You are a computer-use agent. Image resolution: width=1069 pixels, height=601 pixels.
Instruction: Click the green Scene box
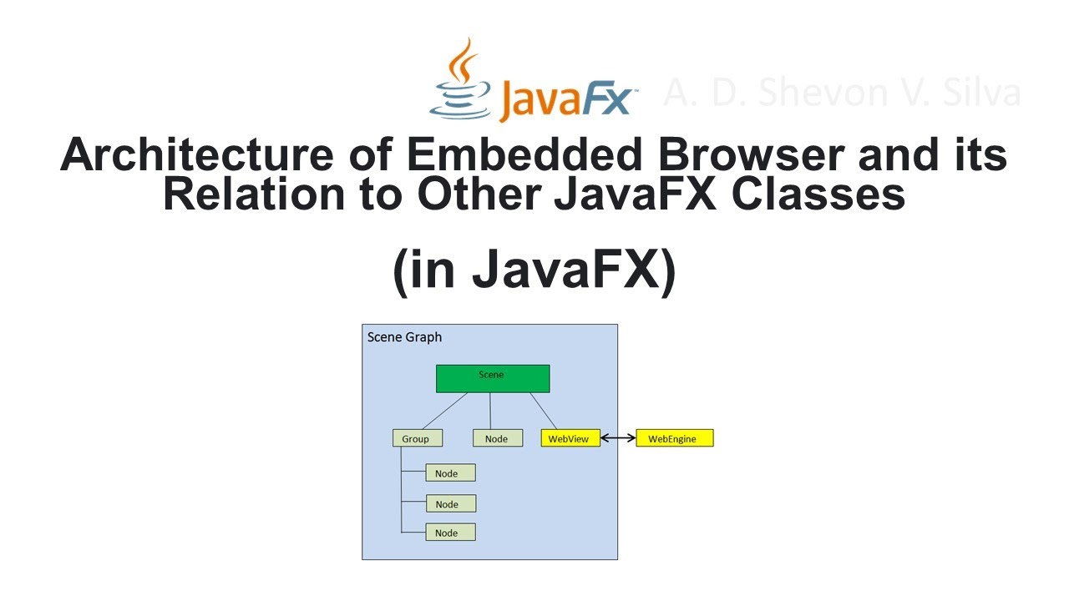tap(493, 378)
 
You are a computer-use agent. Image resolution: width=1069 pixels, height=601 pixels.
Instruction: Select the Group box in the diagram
tap(417, 438)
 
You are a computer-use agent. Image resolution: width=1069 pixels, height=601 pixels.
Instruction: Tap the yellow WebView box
tap(570, 438)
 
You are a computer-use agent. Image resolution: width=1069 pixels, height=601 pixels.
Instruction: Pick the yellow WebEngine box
tap(674, 438)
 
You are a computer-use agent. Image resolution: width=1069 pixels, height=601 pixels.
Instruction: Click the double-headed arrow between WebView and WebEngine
tap(618, 438)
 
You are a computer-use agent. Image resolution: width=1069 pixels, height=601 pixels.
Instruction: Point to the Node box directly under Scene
tap(497, 438)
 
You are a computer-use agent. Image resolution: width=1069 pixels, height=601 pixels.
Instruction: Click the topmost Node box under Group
tap(450, 473)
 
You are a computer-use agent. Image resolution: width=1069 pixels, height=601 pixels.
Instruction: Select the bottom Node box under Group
tap(450, 533)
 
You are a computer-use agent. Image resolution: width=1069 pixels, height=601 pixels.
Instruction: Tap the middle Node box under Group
tap(450, 503)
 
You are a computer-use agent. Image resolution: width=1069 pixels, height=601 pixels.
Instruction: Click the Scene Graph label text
tap(405, 337)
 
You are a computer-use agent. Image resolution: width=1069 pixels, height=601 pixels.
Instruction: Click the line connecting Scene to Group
tap(443, 411)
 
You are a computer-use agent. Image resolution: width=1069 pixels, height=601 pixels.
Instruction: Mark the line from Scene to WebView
tap(543, 411)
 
